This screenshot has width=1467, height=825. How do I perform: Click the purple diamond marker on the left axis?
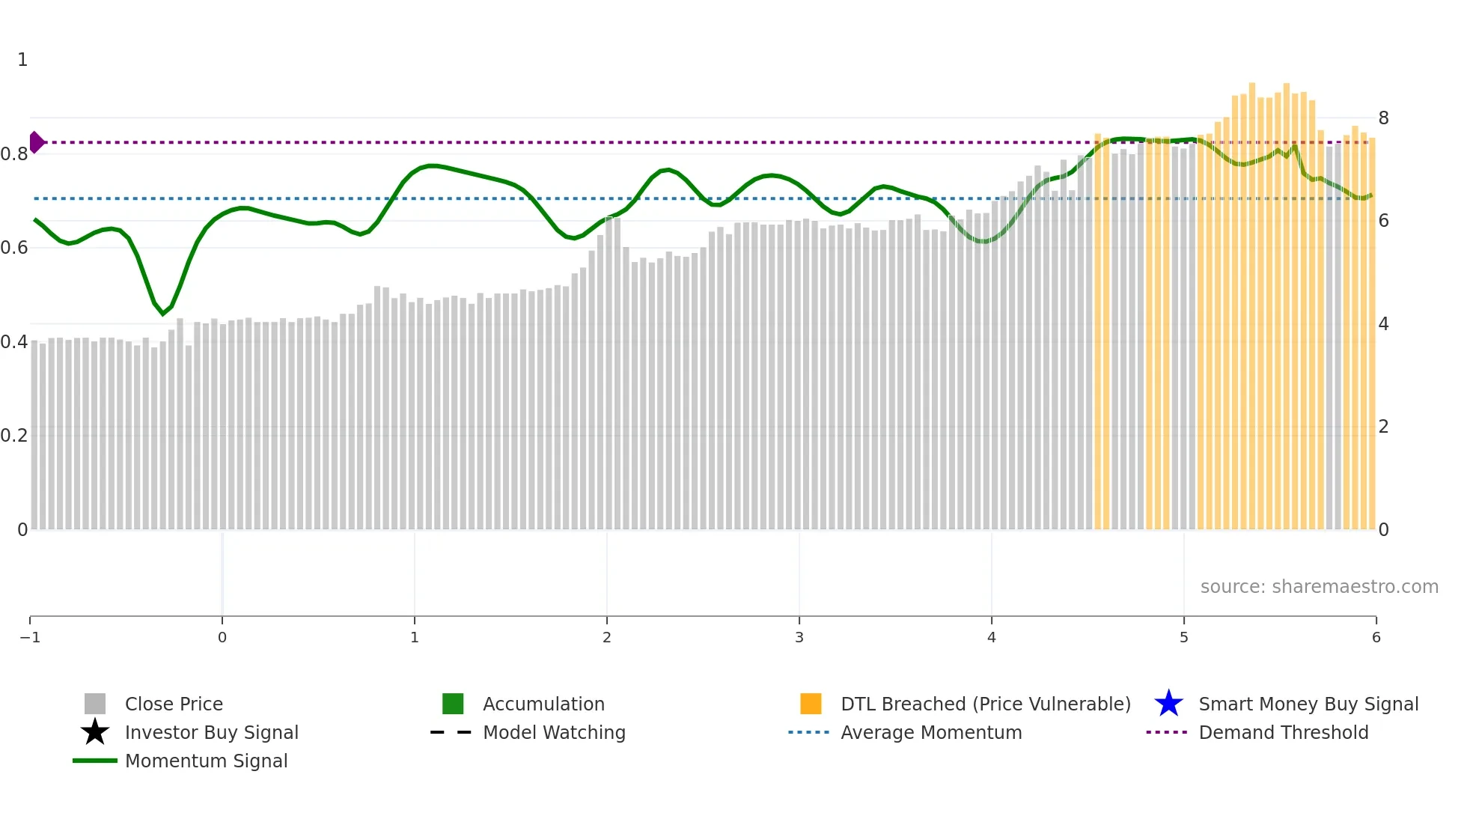36,142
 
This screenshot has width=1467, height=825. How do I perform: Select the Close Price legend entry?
173,704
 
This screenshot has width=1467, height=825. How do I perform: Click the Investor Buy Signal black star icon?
95,732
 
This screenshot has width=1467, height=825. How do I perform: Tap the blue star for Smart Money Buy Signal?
1168,704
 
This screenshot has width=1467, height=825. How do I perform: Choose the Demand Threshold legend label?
1283,732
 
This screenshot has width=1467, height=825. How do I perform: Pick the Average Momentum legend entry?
930,732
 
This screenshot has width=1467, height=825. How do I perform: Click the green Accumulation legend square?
453,704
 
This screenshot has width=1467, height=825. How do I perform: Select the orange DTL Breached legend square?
811,704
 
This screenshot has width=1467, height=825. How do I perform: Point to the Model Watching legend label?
554,732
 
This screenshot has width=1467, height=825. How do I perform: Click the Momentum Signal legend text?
206,761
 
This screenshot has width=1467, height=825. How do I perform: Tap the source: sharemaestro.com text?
1319,586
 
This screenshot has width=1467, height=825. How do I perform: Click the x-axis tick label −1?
30,637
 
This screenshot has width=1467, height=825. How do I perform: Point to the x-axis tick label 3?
799,637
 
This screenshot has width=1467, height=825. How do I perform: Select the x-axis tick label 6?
1376,637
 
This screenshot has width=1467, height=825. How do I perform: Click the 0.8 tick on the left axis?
14,154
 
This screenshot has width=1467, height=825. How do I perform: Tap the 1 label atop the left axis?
22,60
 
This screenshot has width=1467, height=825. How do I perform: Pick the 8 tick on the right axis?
1383,118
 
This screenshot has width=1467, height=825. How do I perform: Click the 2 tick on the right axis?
1383,427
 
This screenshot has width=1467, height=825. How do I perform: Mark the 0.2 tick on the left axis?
14,436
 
